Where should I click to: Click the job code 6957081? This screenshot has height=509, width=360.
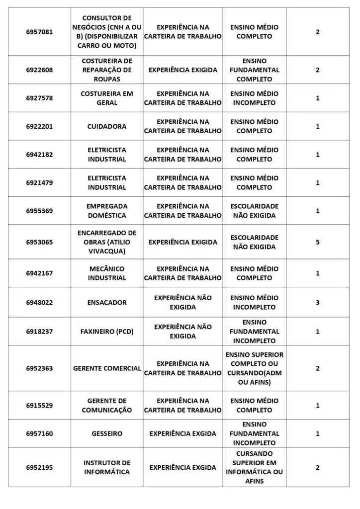pyautogui.click(x=39, y=32)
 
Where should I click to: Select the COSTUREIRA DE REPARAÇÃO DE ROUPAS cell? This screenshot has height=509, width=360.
pyautogui.click(x=107, y=70)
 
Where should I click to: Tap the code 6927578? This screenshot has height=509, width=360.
pyautogui.click(x=39, y=98)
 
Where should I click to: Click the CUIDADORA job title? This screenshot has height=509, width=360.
pyautogui.click(x=107, y=126)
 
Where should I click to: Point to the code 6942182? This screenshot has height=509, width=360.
pyautogui.click(x=39, y=155)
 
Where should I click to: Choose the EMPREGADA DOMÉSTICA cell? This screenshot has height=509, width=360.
pyautogui.click(x=107, y=211)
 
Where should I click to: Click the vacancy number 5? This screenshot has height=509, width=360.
pyautogui.click(x=318, y=242)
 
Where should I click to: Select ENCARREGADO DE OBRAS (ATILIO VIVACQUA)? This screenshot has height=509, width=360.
pyautogui.click(x=107, y=242)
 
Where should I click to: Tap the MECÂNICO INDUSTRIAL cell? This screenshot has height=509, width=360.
pyautogui.click(x=107, y=273)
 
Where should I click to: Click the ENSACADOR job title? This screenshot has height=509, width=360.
pyautogui.click(x=107, y=302)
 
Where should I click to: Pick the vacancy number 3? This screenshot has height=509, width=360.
pyautogui.click(x=318, y=302)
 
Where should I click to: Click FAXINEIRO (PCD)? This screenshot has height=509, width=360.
pyautogui.click(x=107, y=332)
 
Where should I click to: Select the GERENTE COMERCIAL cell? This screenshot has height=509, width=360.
pyautogui.click(x=107, y=368)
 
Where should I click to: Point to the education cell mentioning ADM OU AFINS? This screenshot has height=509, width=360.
pyautogui.click(x=255, y=368)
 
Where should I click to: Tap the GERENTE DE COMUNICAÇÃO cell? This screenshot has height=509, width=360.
pyautogui.click(x=107, y=405)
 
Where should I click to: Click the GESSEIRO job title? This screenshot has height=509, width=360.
pyautogui.click(x=107, y=433)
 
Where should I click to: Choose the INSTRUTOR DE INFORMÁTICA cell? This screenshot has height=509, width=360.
pyautogui.click(x=107, y=467)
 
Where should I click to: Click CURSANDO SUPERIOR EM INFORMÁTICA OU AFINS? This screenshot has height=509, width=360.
pyautogui.click(x=255, y=467)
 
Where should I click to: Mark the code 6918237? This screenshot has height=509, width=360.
pyautogui.click(x=39, y=332)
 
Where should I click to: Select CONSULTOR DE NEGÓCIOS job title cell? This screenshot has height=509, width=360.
pyautogui.click(x=107, y=32)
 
